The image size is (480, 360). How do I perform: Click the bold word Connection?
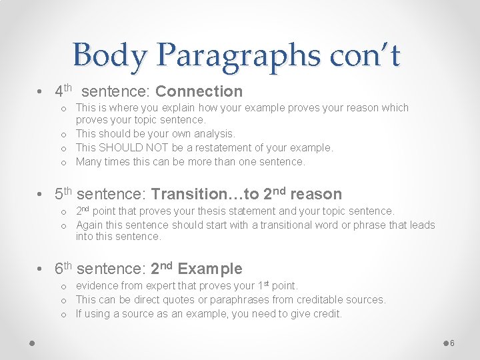coord(199,91)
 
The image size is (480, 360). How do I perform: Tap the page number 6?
coord(452,343)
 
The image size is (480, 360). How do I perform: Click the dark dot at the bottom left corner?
coord(31,343)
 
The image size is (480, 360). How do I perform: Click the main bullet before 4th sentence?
coord(41,91)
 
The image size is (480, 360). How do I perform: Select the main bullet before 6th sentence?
coord(41,269)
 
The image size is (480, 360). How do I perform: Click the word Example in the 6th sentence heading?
coord(210,269)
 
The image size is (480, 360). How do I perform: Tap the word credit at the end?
coord(325,313)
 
